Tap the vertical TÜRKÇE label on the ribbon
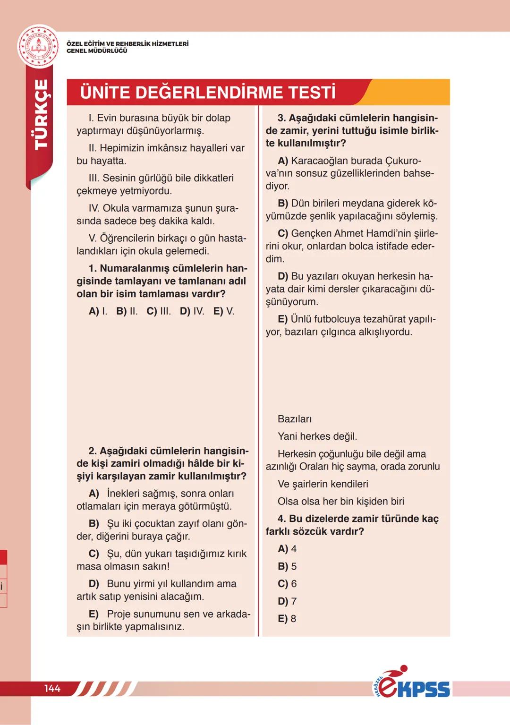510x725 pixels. point(42,115)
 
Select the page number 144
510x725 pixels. point(52,689)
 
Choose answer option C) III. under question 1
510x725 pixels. point(159,311)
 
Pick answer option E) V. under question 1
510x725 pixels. point(224,311)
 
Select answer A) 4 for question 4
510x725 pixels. point(287,549)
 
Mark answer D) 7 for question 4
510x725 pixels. point(287,601)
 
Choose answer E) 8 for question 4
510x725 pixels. point(287,619)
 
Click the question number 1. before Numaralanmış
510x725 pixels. point(93,269)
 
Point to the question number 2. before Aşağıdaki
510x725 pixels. point(93,451)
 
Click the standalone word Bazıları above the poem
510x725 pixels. point(295,419)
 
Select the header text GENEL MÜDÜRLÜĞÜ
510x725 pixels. point(97,51)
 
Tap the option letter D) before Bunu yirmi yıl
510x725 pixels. point(94,584)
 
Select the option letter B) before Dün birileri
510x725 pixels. point(283,204)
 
